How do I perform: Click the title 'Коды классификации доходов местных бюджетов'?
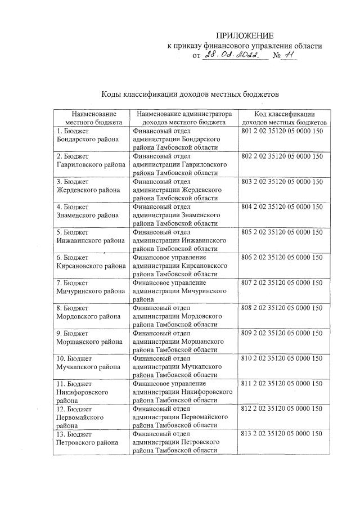pyautogui.click(x=190, y=94)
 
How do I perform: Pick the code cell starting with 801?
pyautogui.click(x=282, y=132)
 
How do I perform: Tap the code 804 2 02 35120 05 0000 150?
pyautogui.click(x=282, y=207)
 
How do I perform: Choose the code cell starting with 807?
pyautogui.click(x=282, y=282)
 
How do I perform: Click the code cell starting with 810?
pyautogui.click(x=282, y=358)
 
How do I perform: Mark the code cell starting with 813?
pyautogui.click(x=282, y=434)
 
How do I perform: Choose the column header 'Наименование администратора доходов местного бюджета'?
pyautogui.click(x=184, y=118)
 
